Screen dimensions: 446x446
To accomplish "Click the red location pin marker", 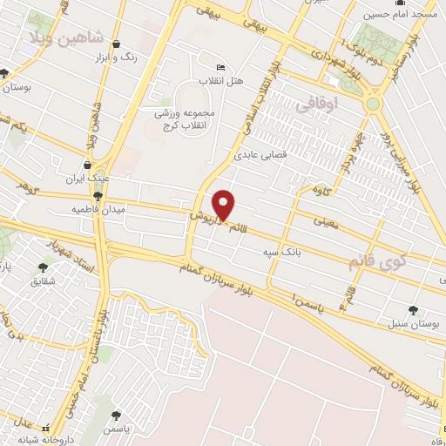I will coord(224,205).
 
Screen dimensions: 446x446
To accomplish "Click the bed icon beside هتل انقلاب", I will coord(220,67).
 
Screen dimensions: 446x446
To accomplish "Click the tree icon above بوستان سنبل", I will coord(412,309).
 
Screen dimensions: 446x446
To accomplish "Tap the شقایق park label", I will coord(43,281).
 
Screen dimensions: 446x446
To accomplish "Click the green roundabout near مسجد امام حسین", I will coord(374,105).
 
